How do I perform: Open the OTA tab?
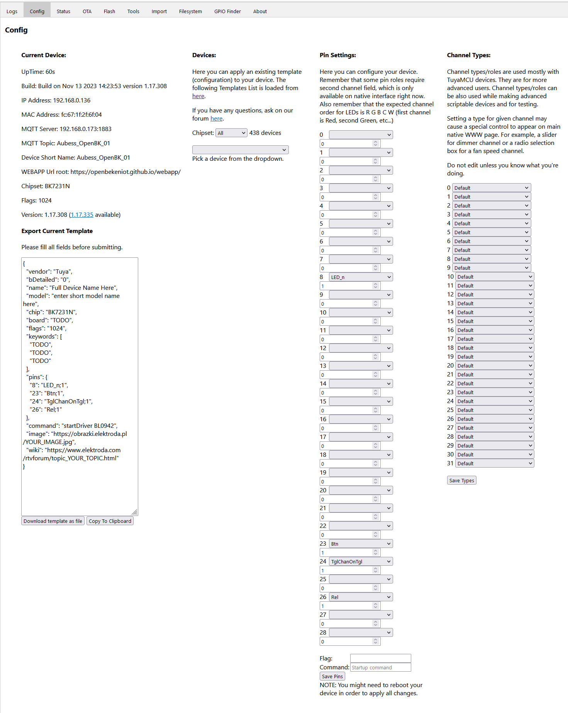[87, 11]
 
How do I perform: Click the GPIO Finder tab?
[227, 11]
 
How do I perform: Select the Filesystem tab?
[190, 11]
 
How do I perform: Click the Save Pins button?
[332, 676]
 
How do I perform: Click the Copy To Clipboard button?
[110, 521]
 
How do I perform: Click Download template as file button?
[53, 521]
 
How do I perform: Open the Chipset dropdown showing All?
[231, 133]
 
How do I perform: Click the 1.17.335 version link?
[82, 215]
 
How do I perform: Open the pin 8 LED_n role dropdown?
[361, 277]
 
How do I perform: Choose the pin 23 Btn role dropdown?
[361, 544]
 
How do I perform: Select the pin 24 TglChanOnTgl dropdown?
[361, 562]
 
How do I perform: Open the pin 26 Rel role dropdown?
[361, 597]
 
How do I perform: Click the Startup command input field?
[380, 667]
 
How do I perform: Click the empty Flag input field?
[380, 658]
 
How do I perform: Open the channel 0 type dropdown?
[491, 188]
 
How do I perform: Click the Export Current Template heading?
[57, 231]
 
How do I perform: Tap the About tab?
[260, 11]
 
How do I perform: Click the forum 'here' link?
[216, 119]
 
